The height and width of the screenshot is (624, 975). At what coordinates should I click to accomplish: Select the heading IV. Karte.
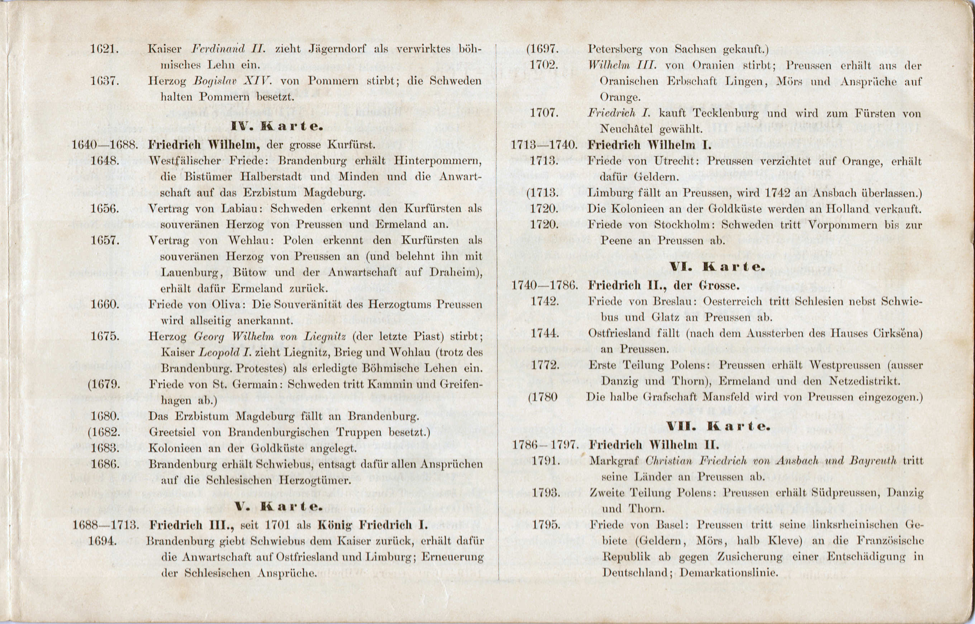point(277,127)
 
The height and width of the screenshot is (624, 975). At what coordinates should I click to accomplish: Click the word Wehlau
point(251,241)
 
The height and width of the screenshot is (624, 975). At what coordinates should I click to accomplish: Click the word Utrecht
point(675,161)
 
